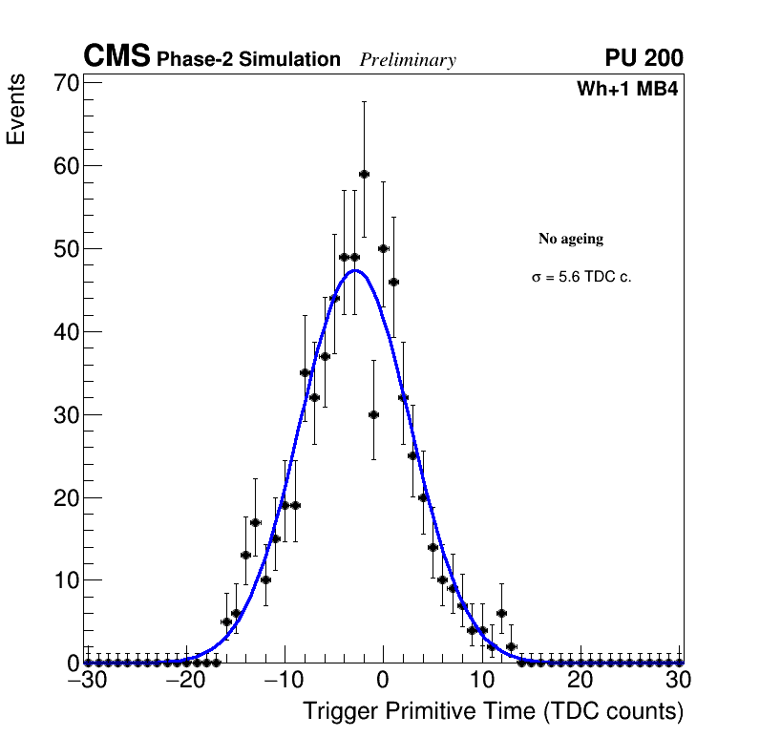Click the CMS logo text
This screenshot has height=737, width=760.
coord(116,57)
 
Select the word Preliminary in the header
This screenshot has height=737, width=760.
coord(408,60)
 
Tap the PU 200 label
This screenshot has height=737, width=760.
coord(644,58)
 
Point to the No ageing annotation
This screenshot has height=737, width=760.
coord(571,239)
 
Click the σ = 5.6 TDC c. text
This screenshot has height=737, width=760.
coord(581,278)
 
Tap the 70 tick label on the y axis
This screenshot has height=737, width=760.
coord(64,83)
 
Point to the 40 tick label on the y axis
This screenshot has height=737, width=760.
coord(64,332)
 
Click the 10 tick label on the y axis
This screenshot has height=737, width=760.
coord(64,580)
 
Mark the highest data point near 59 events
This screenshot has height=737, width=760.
coord(364,175)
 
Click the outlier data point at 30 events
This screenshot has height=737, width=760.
coord(373,414)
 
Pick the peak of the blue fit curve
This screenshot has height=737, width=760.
coord(355,270)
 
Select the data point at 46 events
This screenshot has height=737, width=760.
coord(393,282)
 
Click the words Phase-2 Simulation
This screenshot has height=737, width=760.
coord(248,60)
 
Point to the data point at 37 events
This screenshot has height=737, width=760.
coord(325,356)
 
